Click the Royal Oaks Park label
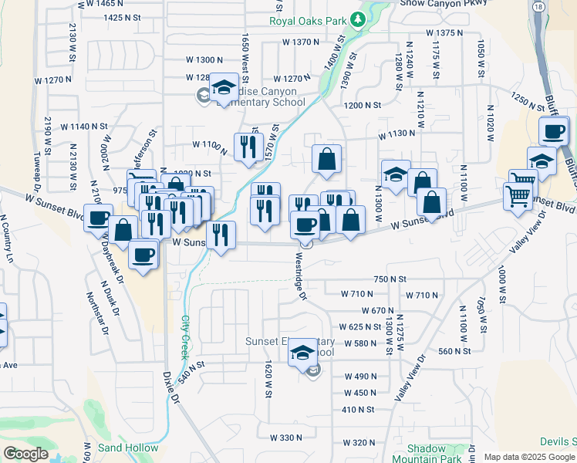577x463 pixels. coord(307,21)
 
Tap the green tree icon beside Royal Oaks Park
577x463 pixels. coord(357,19)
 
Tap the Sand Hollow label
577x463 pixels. coord(128,448)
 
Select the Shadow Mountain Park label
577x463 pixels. coord(427,453)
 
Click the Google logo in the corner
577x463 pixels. coord(25,454)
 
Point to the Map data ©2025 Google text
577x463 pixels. coord(528,457)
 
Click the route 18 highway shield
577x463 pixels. coord(537,5)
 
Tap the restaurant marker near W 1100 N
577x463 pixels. coord(248,146)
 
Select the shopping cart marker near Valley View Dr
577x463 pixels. coord(518,195)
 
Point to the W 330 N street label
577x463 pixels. coord(286,438)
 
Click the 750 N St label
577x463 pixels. coord(390,279)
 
